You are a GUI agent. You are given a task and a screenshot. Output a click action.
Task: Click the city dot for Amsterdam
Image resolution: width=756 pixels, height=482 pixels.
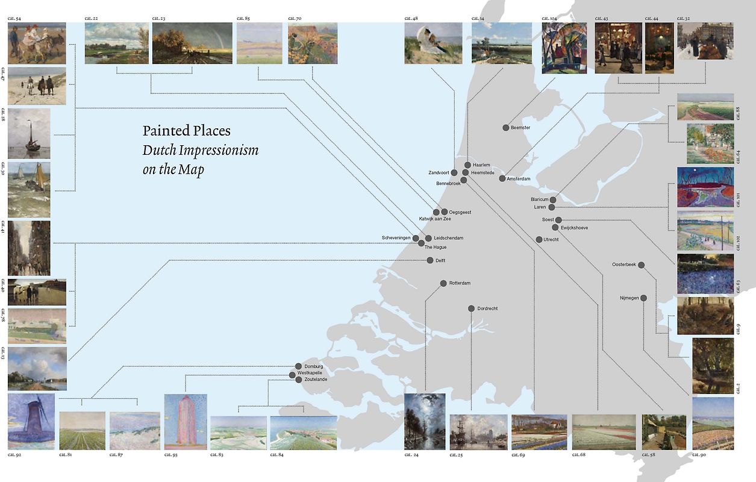tap(502, 178)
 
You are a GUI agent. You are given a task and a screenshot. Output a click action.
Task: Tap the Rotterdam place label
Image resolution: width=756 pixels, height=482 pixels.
tap(460, 283)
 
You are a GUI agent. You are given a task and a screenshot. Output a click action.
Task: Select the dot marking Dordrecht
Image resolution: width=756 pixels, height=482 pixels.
tap(471, 308)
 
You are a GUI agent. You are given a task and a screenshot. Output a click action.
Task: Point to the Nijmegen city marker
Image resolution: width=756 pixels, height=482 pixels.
tap(643, 298)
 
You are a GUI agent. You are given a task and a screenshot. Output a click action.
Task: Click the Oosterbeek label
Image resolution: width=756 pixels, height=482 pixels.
tap(623, 264)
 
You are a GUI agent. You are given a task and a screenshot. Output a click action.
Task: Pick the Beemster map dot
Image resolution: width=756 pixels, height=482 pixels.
tap(506, 128)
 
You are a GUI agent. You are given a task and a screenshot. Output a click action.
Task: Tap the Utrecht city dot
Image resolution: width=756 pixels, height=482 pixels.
tap(539, 240)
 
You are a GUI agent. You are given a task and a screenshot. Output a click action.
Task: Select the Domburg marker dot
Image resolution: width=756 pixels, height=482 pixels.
tap(298, 366)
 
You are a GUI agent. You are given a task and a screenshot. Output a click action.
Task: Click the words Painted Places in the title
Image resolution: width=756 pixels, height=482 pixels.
tap(186, 131)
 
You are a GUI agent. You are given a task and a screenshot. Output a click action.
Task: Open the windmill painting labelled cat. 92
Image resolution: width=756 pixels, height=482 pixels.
tap(31, 421)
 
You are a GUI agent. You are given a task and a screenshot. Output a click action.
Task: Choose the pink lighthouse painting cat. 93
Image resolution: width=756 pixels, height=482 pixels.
tap(186, 421)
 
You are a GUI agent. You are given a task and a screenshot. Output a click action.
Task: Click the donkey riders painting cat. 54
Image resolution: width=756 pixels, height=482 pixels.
tap(37, 43)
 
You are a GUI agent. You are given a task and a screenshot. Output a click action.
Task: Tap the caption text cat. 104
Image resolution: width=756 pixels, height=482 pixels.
tap(550, 19)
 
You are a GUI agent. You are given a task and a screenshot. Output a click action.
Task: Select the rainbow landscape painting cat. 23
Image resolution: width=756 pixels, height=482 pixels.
tap(192, 43)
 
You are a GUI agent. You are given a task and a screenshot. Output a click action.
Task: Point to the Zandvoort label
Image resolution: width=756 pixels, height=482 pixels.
tap(439, 172)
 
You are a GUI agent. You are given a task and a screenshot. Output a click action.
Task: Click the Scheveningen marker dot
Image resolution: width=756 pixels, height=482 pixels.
tap(416, 239)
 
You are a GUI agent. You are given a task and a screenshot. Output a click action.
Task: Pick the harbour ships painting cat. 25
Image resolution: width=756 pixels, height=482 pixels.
tap(478, 432)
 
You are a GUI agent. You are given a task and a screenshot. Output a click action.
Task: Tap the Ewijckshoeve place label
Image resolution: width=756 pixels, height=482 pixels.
tap(574, 228)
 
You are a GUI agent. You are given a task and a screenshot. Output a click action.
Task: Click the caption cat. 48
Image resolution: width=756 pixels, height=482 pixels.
tap(411, 19)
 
